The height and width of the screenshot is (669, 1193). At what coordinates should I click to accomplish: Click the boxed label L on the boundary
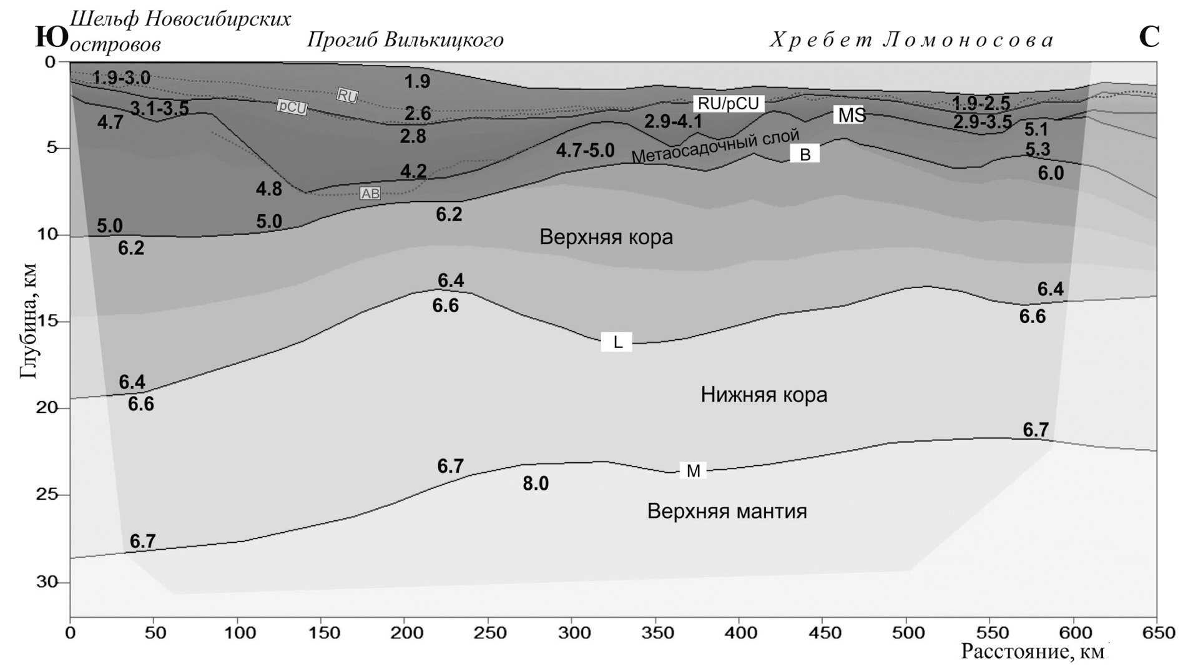pos(616,342)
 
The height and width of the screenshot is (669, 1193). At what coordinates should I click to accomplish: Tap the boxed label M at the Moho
pos(693,471)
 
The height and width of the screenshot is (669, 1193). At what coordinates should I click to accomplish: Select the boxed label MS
pos(851,115)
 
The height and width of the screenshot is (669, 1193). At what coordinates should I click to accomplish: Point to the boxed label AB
pos(370,194)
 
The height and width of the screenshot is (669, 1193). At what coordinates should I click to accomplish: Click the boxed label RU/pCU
pos(728,104)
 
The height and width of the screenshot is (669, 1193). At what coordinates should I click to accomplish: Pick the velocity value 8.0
pos(536,483)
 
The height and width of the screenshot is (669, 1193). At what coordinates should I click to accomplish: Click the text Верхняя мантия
pos(727,512)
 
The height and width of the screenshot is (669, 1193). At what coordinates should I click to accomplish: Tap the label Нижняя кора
pos(763,395)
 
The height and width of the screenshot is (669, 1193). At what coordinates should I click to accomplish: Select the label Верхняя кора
pos(606,237)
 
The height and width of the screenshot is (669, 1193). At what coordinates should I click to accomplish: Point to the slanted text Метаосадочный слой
pos(715,146)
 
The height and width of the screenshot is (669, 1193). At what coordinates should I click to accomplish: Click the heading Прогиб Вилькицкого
pos(405,40)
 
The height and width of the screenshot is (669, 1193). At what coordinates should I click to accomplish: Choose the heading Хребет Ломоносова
pos(911,41)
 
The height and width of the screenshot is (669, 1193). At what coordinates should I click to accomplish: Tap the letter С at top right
pos(1149,37)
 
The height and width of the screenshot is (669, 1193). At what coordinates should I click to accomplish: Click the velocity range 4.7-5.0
pos(585,151)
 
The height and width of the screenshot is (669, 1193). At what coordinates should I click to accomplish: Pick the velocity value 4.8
pos(268,189)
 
